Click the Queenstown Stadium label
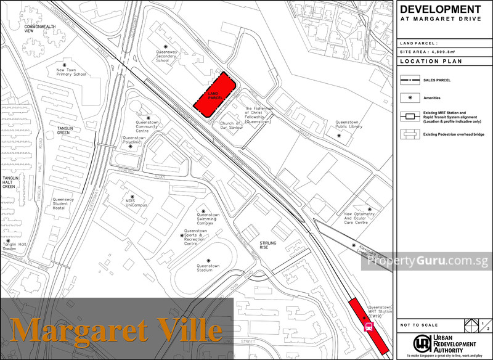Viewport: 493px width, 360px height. (208, 268)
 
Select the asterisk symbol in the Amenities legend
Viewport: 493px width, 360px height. (409, 97)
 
